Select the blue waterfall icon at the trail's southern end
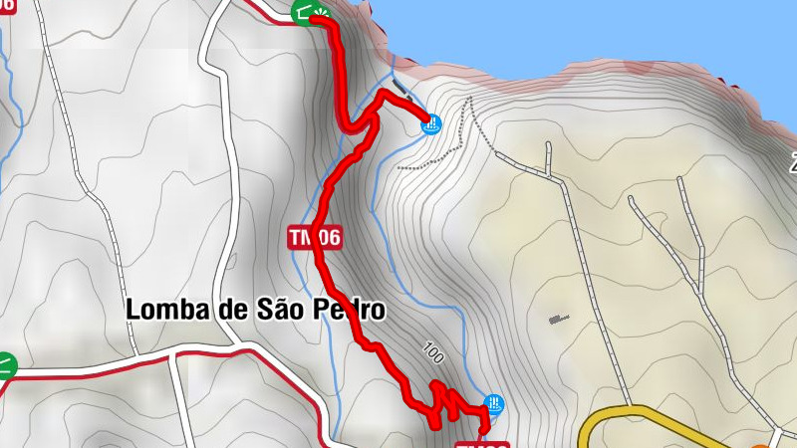coord(493,404)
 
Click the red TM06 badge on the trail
coord(315,237)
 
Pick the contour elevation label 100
coord(432,353)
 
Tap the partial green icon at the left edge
coord(6,364)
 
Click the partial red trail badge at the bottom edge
coord(483,444)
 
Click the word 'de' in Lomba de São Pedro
coord(232,310)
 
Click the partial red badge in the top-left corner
coord(8,5)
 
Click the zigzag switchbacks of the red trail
coord(443,403)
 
